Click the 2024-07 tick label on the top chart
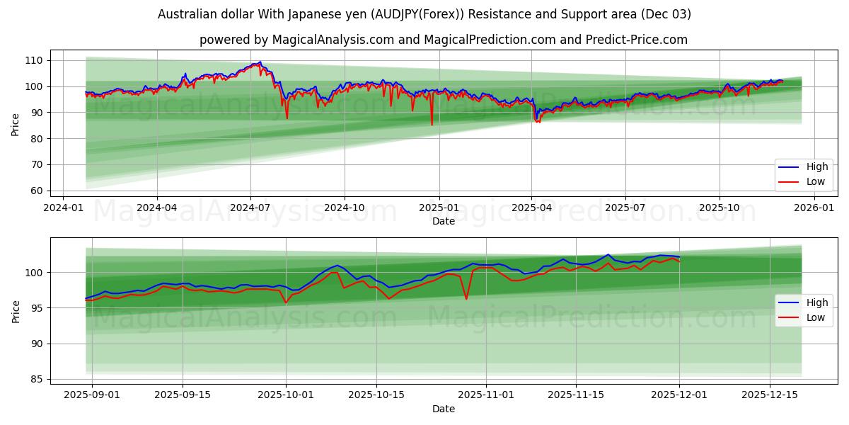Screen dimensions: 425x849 click(250, 208)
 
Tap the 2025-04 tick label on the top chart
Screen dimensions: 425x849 click(531, 208)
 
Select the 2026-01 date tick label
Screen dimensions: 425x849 click(813, 208)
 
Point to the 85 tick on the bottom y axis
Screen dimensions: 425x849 click(37, 380)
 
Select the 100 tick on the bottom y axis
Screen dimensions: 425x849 click(35, 273)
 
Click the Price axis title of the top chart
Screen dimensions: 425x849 click(16, 125)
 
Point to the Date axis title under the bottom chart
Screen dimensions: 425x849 click(444, 409)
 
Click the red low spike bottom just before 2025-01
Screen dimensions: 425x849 click(432, 125)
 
